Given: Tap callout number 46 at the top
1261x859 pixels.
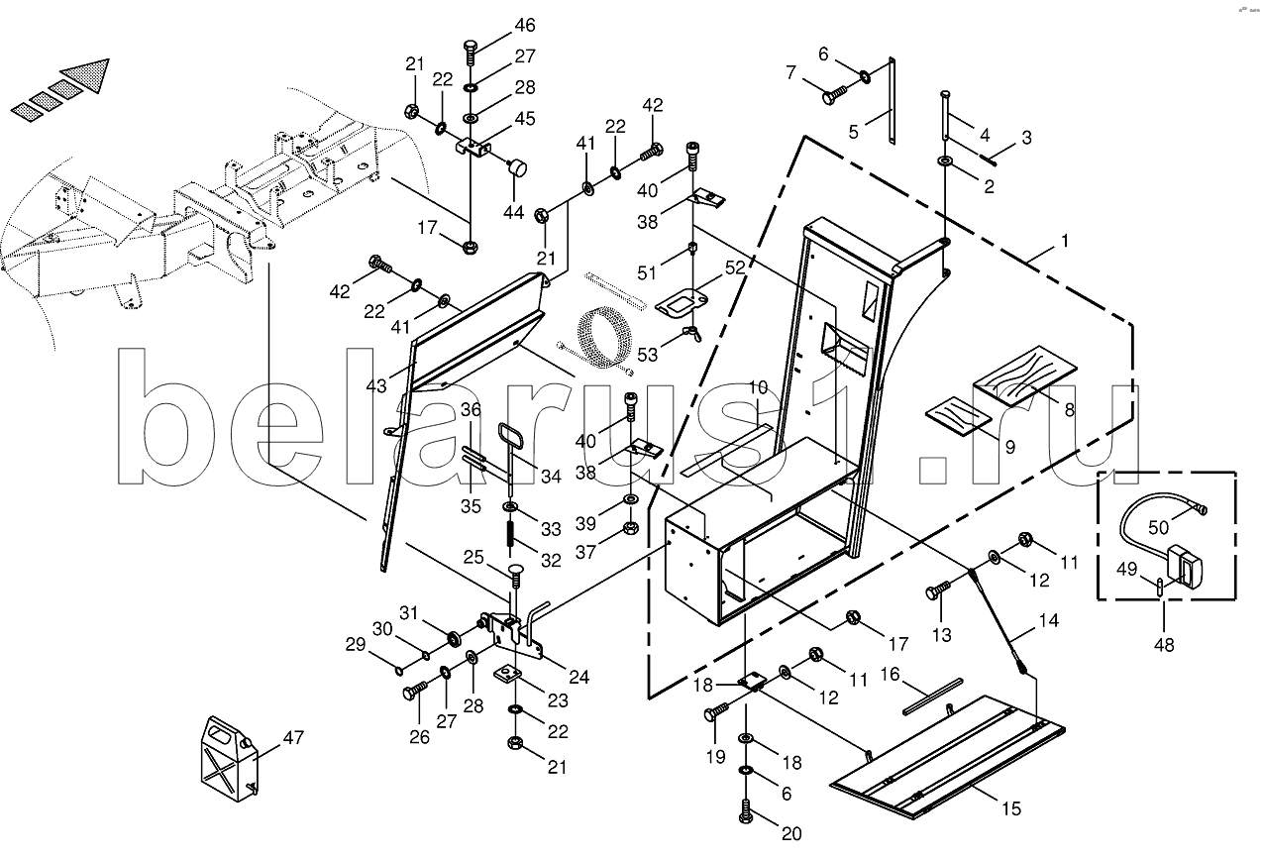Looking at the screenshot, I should pyautogui.click(x=524, y=25).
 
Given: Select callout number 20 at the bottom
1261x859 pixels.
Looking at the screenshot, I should pyautogui.click(x=791, y=834).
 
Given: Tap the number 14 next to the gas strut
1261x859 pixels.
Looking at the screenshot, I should pyautogui.click(x=1048, y=622).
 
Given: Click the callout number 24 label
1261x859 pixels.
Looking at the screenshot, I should pyautogui.click(x=578, y=678).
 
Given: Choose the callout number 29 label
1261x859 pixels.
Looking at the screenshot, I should pyautogui.click(x=355, y=645).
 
